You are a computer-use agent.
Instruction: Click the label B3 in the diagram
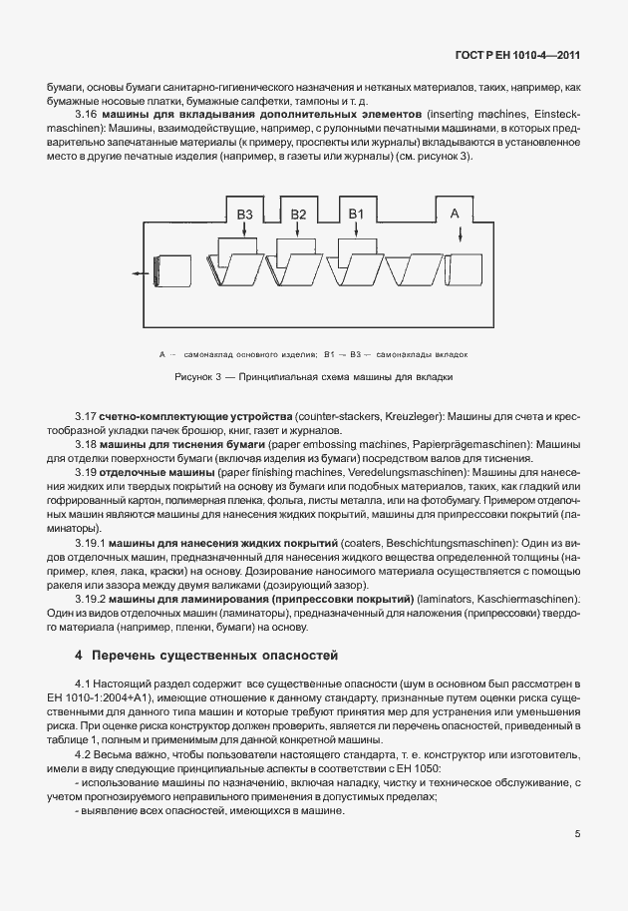tap(244, 215)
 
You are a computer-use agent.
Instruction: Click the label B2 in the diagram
tap(298, 215)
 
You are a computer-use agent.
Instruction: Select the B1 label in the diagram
tap(356, 215)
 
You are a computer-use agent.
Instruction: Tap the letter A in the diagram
tap(455, 213)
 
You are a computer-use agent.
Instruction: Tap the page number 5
tap(578, 833)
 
